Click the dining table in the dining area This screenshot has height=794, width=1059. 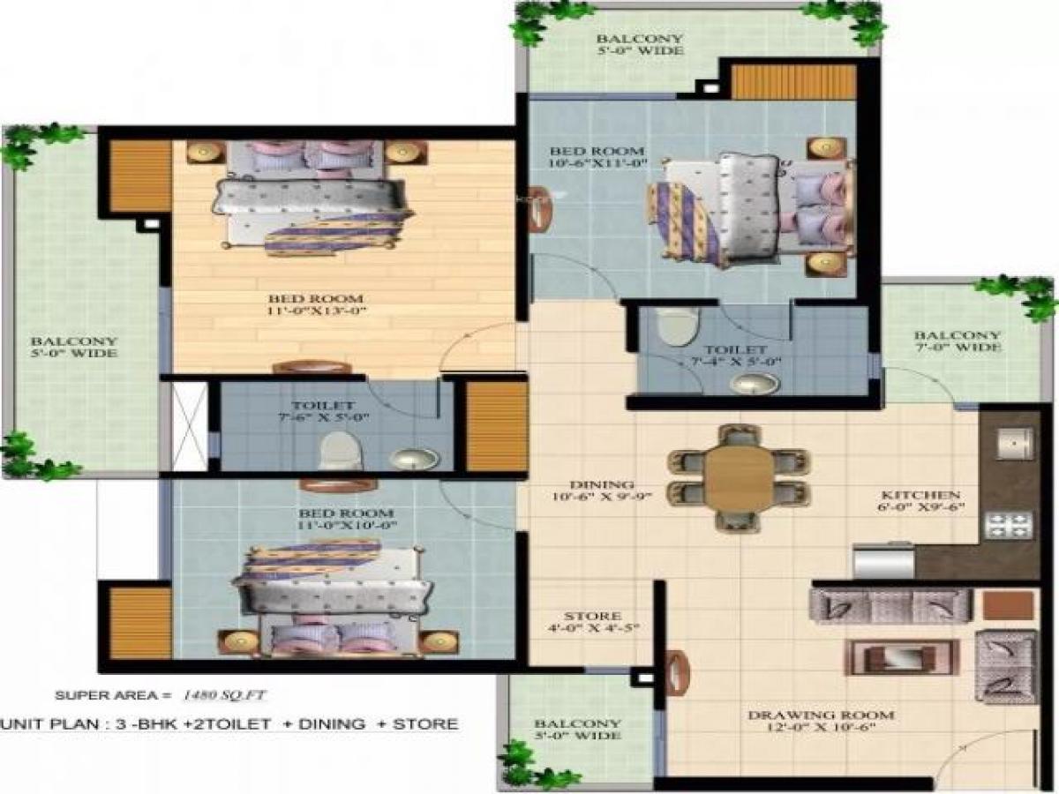[x=739, y=477]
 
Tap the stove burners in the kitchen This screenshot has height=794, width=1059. [x=1008, y=525]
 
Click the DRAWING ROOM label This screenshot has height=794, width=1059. [x=821, y=715]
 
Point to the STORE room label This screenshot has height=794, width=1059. [x=593, y=616]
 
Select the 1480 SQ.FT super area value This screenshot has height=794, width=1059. [x=222, y=695]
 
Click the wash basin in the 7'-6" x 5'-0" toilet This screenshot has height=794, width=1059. [x=414, y=458]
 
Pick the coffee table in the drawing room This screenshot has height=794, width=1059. [x=901, y=657]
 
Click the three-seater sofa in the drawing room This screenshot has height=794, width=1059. [x=890, y=606]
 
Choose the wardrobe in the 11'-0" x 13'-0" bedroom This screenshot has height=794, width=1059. [x=139, y=176]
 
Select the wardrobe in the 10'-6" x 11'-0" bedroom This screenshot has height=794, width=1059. [x=793, y=82]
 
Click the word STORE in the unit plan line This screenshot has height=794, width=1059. [x=425, y=724]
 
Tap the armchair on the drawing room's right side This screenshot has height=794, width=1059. [x=1005, y=666]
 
